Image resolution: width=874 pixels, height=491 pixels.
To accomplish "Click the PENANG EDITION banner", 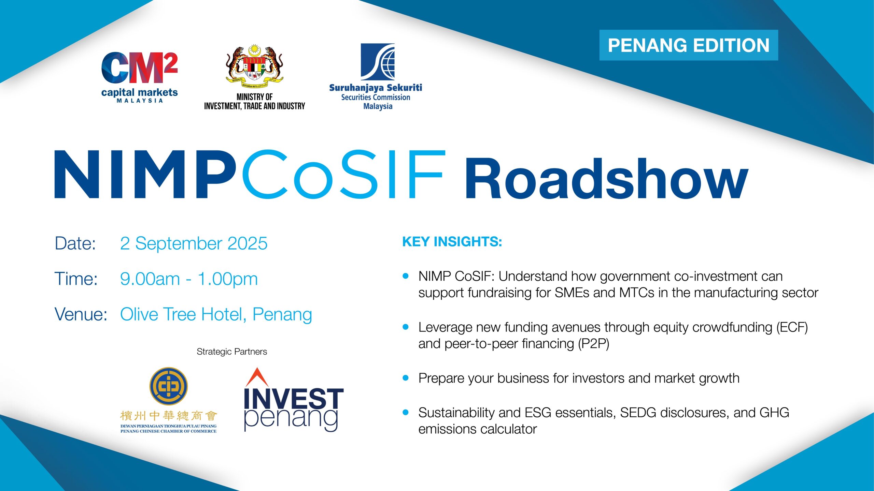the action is (x=689, y=45).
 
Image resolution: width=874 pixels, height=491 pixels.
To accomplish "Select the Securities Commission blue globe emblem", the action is (x=378, y=62).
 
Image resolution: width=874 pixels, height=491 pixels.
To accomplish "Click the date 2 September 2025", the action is (x=194, y=243).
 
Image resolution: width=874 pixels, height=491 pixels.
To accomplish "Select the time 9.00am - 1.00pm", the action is (x=189, y=279).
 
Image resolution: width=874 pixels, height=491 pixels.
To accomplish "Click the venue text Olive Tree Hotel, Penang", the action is (x=216, y=314).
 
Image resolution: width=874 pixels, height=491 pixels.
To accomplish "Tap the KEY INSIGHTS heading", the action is (x=452, y=242).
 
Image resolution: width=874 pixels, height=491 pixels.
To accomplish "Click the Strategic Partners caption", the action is (x=232, y=352).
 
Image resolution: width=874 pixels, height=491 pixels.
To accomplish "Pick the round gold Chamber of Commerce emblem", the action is (x=169, y=386).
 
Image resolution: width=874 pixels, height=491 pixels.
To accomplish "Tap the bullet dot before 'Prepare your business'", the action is (x=406, y=378).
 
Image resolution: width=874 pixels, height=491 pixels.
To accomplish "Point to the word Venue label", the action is (x=81, y=314).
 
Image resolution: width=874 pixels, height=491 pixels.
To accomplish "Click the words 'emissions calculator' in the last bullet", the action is (x=478, y=429).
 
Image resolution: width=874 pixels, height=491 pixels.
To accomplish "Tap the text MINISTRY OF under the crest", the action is (x=254, y=97).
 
